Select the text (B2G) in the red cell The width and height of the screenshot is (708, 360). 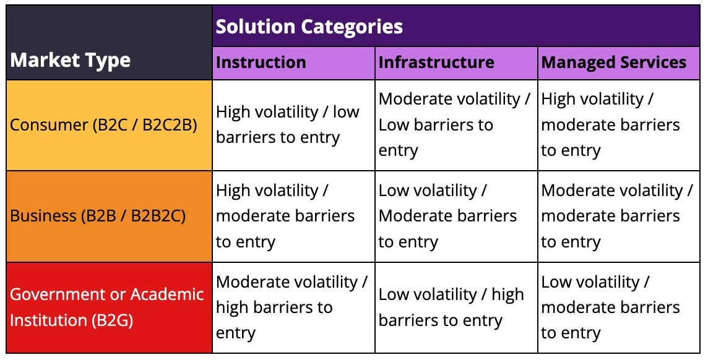112,320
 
